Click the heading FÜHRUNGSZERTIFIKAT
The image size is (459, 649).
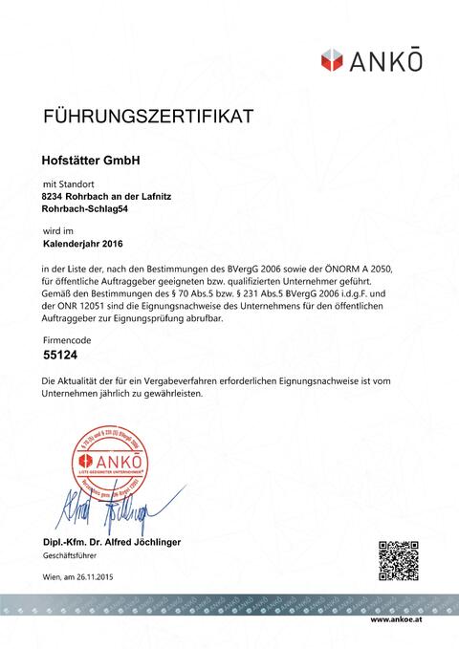[x=148, y=118]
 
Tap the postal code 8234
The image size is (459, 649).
[x=55, y=196]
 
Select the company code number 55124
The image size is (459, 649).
[x=61, y=354]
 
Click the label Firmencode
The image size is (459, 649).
[x=69, y=340]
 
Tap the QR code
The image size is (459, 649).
[x=399, y=560]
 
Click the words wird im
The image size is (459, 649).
[x=58, y=230]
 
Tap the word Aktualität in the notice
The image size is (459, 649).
[x=85, y=380]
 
